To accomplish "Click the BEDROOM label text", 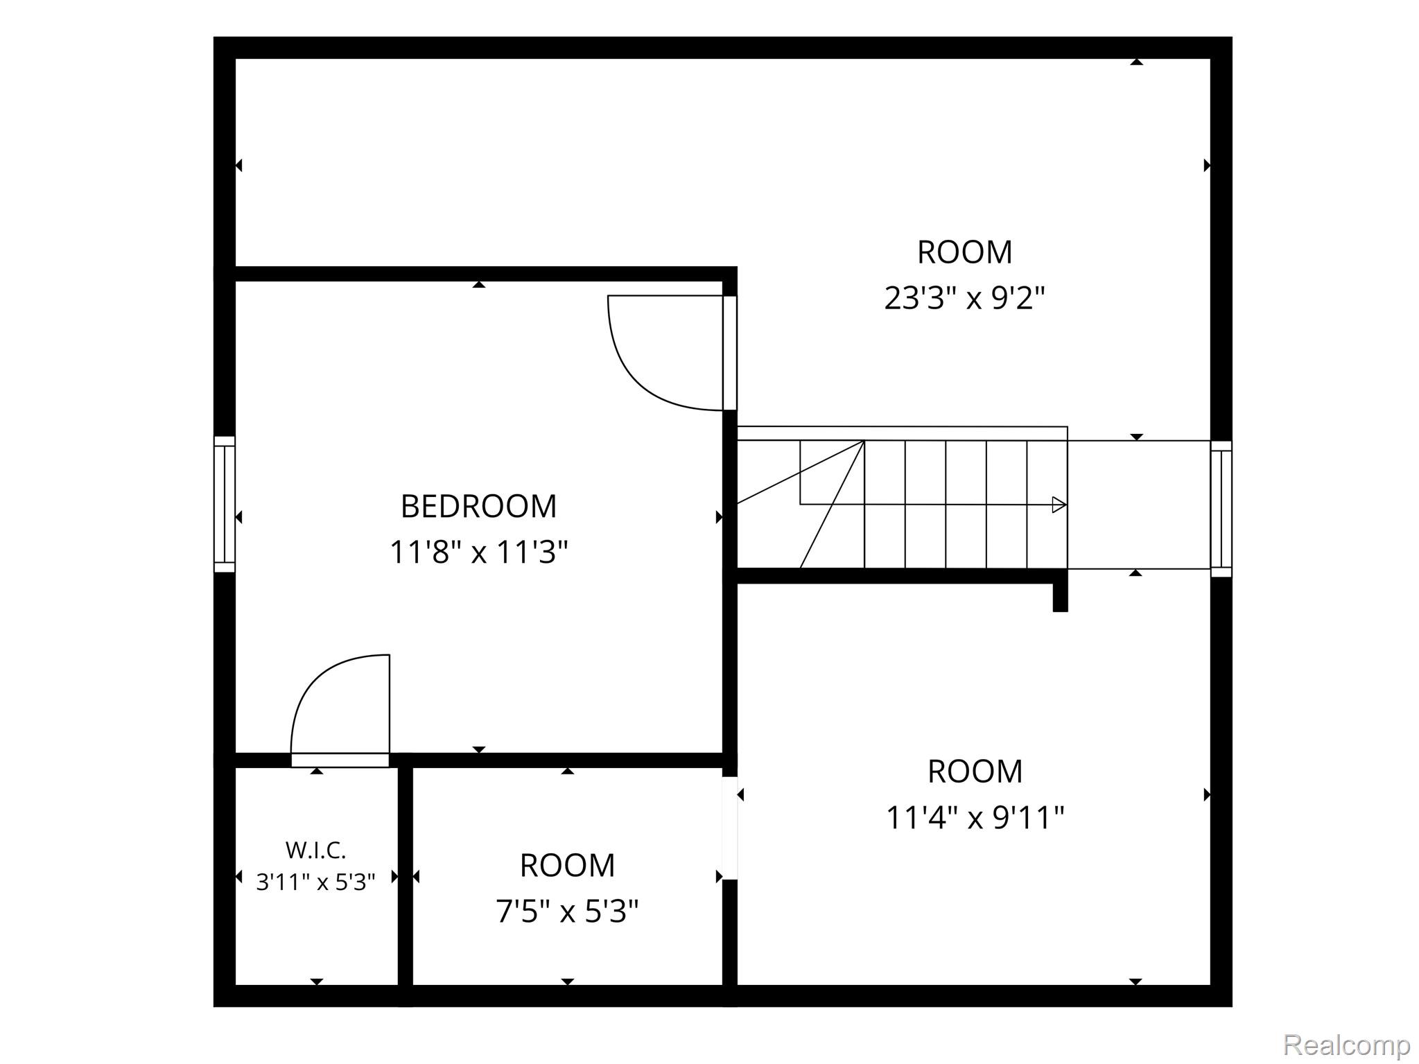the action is click(478, 506).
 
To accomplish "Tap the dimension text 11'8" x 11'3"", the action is click(478, 552).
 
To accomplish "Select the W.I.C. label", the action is click(315, 849).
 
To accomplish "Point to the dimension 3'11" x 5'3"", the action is click(315, 882).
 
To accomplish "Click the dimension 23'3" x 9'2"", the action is click(964, 298).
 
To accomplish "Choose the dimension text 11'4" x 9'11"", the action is click(975, 817).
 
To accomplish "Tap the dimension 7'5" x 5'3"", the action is click(567, 911).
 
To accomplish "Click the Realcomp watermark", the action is click(1346, 1044).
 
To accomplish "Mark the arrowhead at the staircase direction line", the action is click(1059, 505).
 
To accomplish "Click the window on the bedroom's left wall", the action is click(224, 504).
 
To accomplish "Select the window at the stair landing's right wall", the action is click(1221, 509).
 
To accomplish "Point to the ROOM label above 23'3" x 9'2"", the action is click(964, 252).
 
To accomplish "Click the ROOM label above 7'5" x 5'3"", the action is click(567, 865).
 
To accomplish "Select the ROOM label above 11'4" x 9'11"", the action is click(975, 771).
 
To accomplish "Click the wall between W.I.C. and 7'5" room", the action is click(406, 876).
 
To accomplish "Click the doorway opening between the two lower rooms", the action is click(729, 828).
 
